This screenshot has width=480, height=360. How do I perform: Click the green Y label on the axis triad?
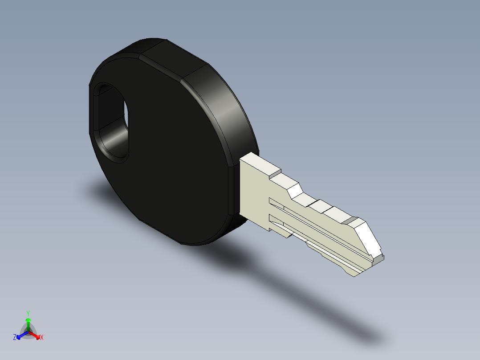pos(28,313)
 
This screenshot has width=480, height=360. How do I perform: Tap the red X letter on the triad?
pos(42,337)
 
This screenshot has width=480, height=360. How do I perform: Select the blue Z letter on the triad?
pos(15,337)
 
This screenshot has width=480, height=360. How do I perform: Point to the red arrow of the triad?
pos(36,335)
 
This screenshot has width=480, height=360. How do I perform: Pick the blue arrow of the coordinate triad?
pos(21,335)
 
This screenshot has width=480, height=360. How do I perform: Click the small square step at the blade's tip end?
pos(378,257)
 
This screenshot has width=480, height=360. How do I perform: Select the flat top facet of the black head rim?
pos(174,58)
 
